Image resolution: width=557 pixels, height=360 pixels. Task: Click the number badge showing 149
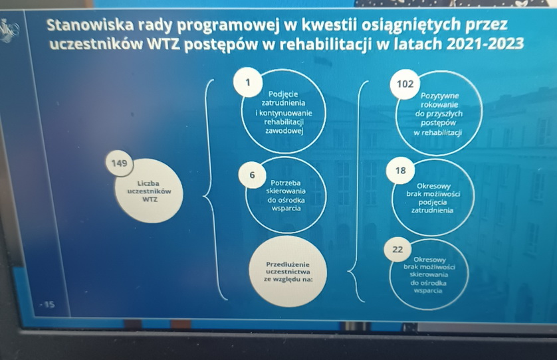[120, 163]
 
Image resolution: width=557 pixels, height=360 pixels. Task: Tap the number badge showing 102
[405, 84]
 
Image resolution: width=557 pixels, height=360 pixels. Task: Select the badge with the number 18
[400, 171]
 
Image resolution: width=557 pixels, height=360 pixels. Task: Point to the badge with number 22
[397, 249]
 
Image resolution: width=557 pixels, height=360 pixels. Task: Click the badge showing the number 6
[252, 175]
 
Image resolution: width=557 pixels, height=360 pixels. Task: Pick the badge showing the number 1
[248, 82]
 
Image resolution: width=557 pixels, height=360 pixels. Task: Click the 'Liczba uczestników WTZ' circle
[149, 192]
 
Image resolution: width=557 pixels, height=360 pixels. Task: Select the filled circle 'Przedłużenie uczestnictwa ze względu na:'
[288, 272]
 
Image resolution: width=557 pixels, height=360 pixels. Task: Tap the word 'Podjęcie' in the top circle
[283, 94]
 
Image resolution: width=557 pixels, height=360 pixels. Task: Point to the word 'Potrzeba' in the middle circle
[286, 183]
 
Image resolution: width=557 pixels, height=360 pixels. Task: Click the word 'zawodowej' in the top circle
[284, 131]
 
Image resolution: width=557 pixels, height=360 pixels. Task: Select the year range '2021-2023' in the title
[485, 44]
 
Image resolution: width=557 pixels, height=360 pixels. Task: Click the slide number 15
[49, 304]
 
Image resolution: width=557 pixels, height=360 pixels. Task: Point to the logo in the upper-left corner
[9, 30]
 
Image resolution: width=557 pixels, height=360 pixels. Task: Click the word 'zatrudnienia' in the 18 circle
[432, 211]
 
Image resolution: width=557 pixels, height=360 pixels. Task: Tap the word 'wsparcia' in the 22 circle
[427, 291]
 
